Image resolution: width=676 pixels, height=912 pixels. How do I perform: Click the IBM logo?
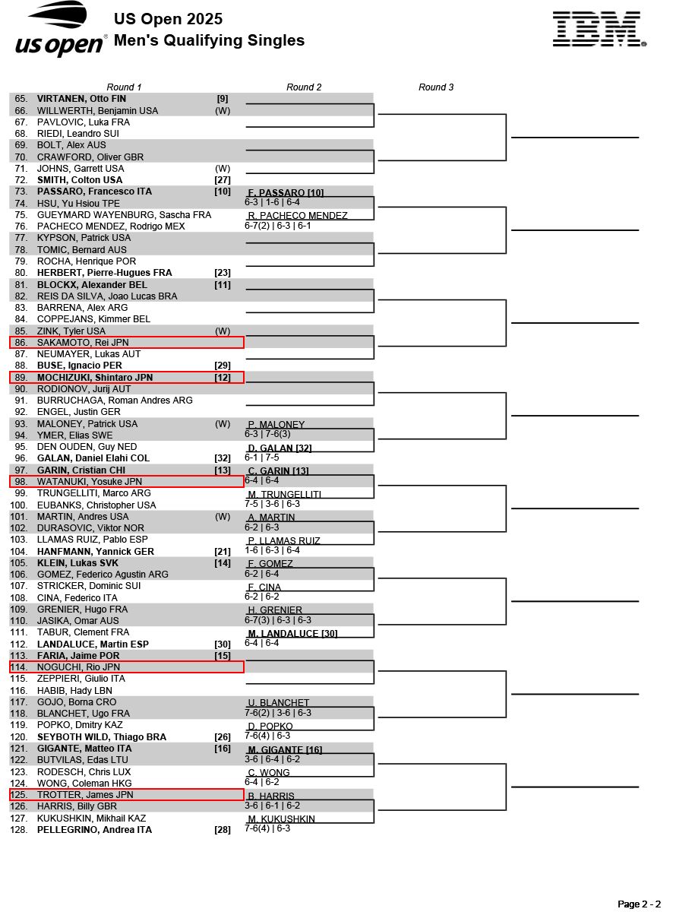point(599,30)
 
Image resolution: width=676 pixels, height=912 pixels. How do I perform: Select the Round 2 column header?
point(304,87)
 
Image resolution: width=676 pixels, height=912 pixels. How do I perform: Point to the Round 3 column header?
point(436,87)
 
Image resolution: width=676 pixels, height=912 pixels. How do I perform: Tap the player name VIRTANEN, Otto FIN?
point(81,99)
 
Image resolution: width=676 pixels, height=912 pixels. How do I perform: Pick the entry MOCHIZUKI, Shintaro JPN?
point(95,378)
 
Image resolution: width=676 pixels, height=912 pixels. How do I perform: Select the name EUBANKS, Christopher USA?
point(96,505)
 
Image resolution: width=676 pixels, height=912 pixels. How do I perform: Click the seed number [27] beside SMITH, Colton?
point(223,180)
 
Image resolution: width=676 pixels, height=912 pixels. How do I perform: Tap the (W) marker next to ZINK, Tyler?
point(223,331)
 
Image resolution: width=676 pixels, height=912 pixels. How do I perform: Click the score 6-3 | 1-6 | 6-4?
point(272,202)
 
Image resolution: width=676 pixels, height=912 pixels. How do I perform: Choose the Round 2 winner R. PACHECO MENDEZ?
point(298,216)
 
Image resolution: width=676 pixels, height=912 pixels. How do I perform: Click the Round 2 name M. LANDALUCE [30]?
point(292,633)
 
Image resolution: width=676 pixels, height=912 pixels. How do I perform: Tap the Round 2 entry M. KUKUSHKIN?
point(281,819)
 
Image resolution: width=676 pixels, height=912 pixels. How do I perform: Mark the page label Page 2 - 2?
point(639,904)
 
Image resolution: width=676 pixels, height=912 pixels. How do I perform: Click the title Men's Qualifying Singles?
point(209,41)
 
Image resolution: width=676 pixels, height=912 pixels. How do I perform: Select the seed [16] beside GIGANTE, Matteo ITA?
point(223,749)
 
